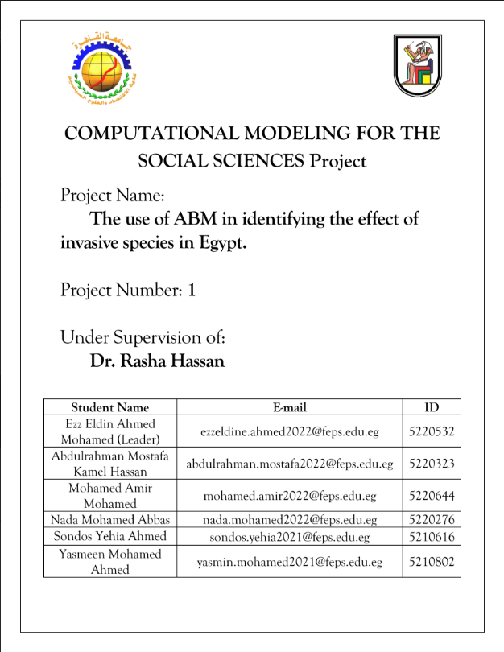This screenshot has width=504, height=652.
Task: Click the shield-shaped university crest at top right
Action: pyautogui.click(x=417, y=64)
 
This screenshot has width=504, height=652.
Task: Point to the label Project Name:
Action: pyautogui.click(x=113, y=196)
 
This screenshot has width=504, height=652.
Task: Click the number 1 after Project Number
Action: pyautogui.click(x=192, y=290)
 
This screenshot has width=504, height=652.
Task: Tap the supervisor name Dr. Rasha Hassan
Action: pyautogui.click(x=157, y=361)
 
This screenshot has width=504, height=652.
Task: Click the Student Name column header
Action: pyautogui.click(x=110, y=407)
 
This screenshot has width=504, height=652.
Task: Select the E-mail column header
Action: pyautogui.click(x=290, y=407)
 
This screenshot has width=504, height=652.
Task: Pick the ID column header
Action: pyautogui.click(x=432, y=407)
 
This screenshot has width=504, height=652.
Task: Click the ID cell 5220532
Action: pyautogui.click(x=432, y=431)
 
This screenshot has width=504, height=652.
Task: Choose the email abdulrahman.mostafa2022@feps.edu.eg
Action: pyautogui.click(x=290, y=464)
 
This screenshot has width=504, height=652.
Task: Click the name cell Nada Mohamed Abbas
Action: pyautogui.click(x=110, y=519)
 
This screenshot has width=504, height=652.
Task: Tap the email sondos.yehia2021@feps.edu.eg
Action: pyautogui.click(x=290, y=536)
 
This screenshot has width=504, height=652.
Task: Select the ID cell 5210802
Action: pyautogui.click(x=432, y=562)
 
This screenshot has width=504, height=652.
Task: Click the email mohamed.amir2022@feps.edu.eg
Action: pyautogui.click(x=290, y=496)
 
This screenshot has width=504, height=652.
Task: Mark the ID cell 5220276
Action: pyautogui.click(x=432, y=519)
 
